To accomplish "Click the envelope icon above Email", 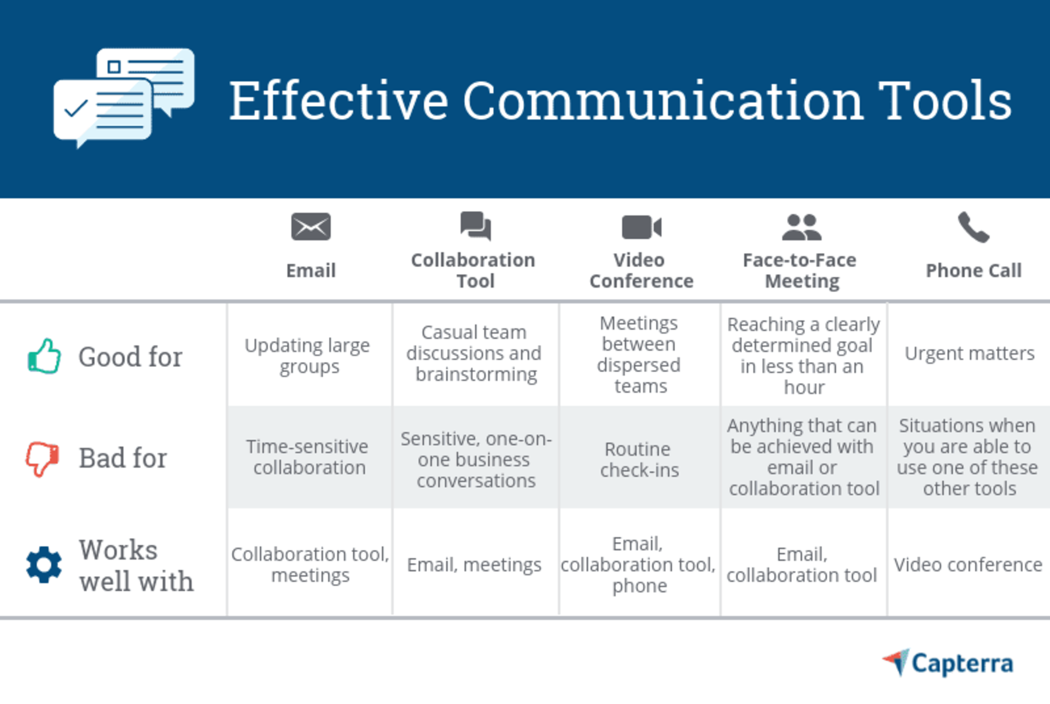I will click(x=311, y=227).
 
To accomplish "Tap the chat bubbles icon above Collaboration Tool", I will click(x=475, y=226).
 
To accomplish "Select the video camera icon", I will click(x=641, y=227).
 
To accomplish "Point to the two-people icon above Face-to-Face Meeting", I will click(x=801, y=227).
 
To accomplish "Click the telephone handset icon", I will click(x=973, y=227).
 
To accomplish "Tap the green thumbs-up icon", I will click(x=44, y=356).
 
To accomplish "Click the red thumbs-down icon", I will click(x=42, y=458).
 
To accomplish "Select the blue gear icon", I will click(x=44, y=564).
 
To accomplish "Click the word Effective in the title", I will click(x=339, y=101).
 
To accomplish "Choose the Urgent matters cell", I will click(x=969, y=354).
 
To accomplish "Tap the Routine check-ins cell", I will click(x=639, y=459).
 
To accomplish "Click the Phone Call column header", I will click(x=973, y=270).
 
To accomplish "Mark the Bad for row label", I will click(x=122, y=458).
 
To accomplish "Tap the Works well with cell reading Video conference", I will click(x=968, y=564).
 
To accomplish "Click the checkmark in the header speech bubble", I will click(x=76, y=108).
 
